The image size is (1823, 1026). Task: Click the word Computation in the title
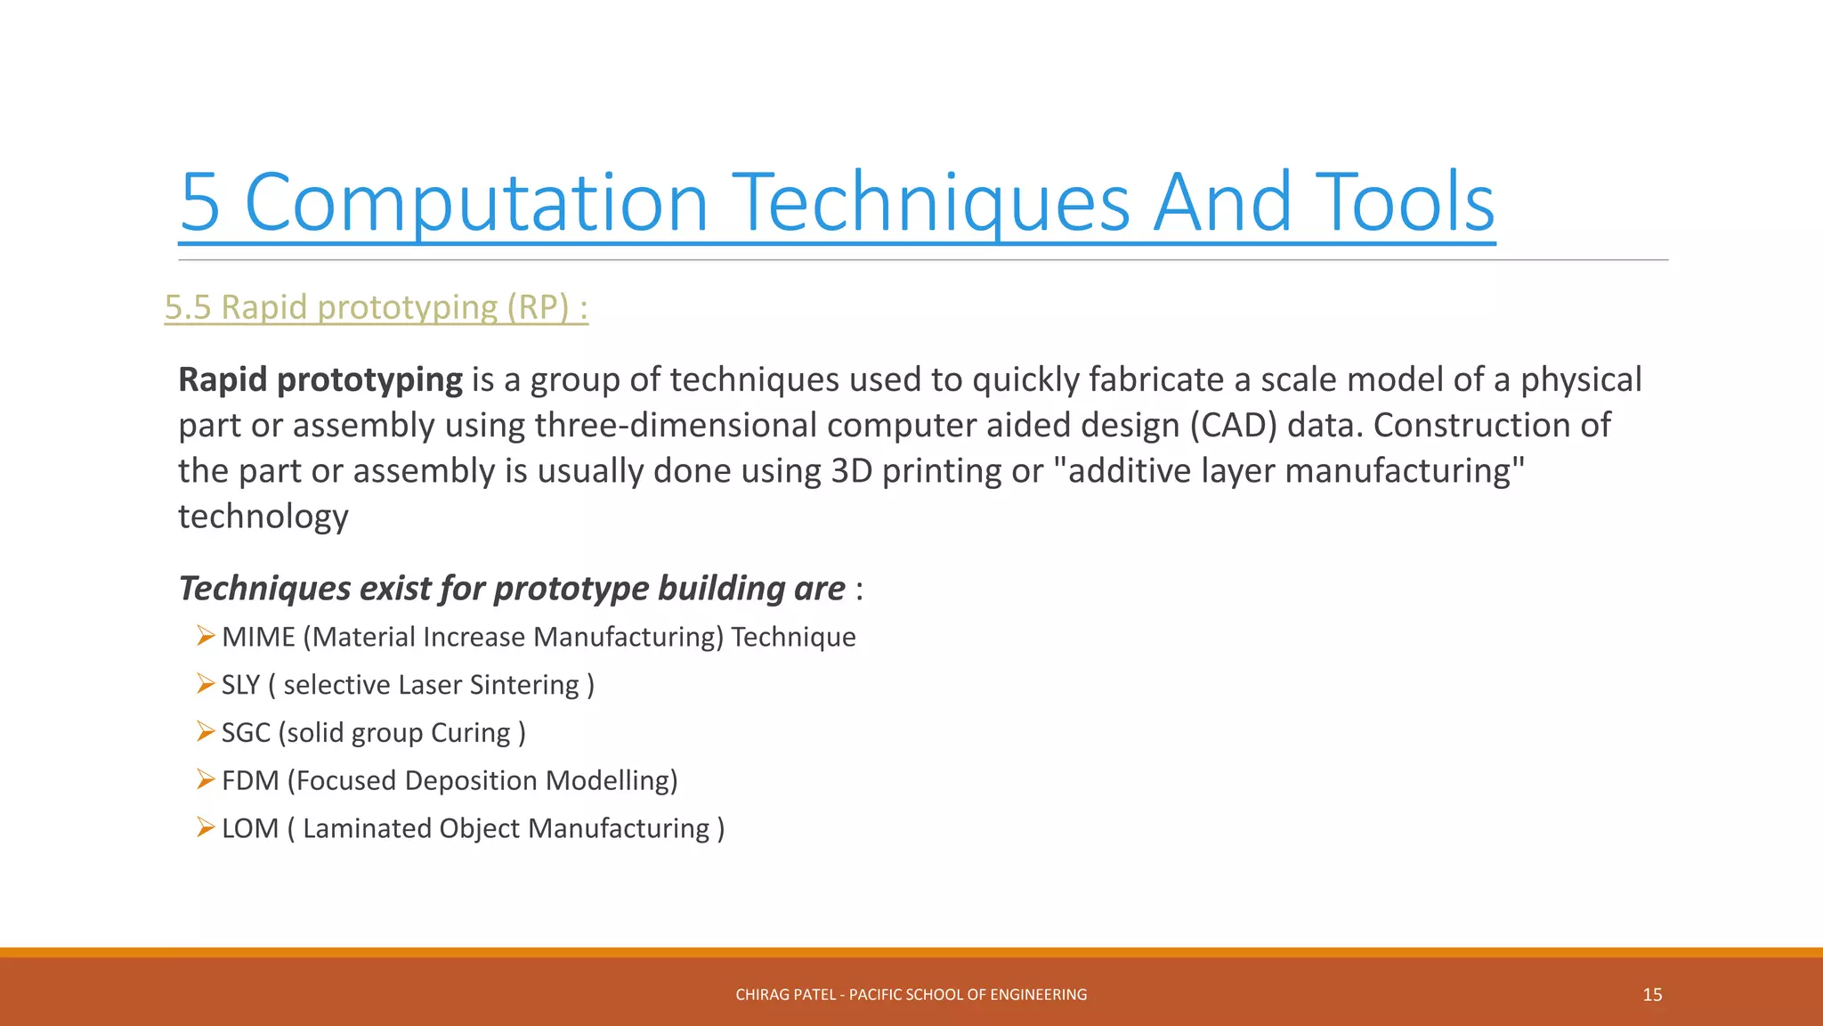pyautogui.click(x=475, y=203)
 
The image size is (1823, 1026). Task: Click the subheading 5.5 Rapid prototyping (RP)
pyautogui.click(x=376, y=307)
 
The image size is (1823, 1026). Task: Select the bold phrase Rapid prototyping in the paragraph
pyautogui.click(x=320, y=380)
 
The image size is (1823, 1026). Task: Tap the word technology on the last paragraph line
pyautogui.click(x=263, y=517)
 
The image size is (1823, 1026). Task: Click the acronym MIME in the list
pyautogui.click(x=258, y=638)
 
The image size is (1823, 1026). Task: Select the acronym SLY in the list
pyautogui.click(x=240, y=685)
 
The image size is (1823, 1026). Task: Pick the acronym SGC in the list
pyautogui.click(x=246, y=733)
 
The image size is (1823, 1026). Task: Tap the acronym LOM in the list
pyautogui.click(x=250, y=829)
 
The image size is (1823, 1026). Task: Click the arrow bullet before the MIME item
pyautogui.click(x=206, y=636)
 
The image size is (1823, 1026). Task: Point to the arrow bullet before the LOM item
pyautogui.click(x=206, y=827)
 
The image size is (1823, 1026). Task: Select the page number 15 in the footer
pyautogui.click(x=1652, y=995)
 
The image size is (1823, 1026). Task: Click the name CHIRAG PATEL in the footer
pyautogui.click(x=785, y=995)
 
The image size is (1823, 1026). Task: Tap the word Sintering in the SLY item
pyautogui.click(x=524, y=685)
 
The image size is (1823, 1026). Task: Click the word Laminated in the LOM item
pyautogui.click(x=366, y=829)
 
